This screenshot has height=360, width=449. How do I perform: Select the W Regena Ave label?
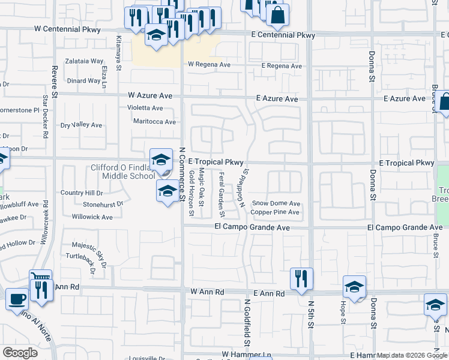pos(209,64)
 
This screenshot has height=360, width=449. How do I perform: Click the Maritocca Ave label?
pos(154,122)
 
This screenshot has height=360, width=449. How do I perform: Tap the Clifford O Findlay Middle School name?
pos(122,172)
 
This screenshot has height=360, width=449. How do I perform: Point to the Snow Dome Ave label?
pos(276,203)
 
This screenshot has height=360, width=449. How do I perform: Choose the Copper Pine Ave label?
pos(274,212)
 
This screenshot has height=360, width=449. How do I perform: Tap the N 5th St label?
pos(311,323)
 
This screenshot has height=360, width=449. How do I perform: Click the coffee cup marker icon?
pos(17,298)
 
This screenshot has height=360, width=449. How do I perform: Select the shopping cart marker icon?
pos(40,279)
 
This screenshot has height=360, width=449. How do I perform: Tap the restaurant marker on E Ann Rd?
pos(301,278)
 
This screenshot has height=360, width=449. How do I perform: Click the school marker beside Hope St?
pos(354,287)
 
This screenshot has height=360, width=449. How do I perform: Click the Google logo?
pos(20,353)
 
